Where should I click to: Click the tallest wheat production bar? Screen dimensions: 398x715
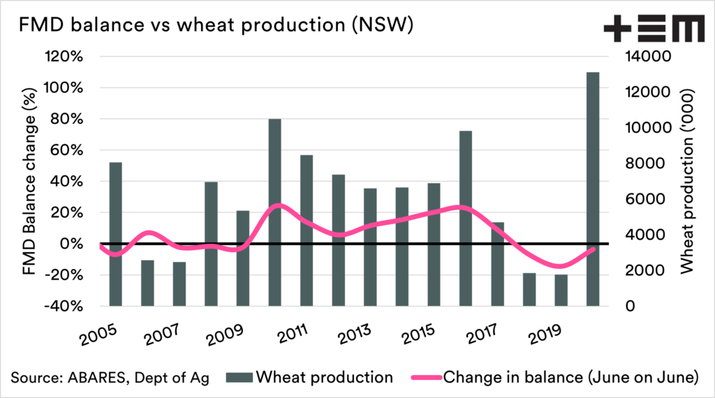tap(593, 189)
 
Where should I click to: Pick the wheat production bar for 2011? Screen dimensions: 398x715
tap(306, 230)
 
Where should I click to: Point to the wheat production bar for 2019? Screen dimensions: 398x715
tap(561, 290)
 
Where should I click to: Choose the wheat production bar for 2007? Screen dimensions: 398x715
tap(179, 283)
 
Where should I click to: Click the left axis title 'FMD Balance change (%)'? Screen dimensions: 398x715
tap(29, 181)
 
